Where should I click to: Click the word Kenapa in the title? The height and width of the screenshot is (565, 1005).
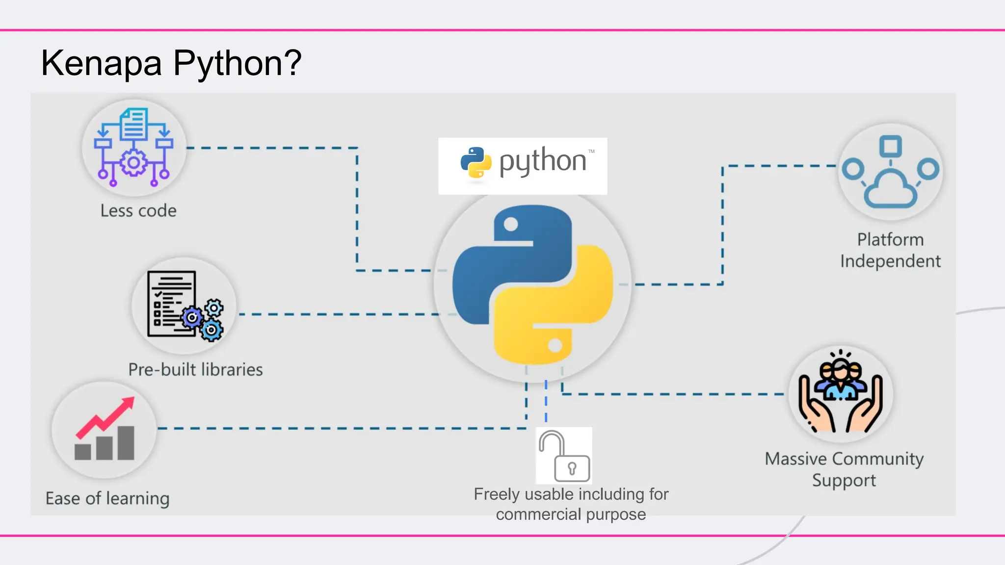pyautogui.click(x=101, y=64)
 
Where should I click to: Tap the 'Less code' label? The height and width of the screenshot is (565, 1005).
pyautogui.click(x=138, y=210)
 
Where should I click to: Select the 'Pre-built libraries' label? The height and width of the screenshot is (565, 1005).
pyautogui.click(x=195, y=369)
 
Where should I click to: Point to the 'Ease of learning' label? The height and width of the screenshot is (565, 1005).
pyautogui.click(x=107, y=498)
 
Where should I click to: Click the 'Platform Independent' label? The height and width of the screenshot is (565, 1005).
pyautogui.click(x=890, y=250)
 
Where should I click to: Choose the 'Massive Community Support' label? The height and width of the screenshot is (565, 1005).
pyautogui.click(x=844, y=469)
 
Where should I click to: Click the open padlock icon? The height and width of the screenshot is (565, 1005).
pyautogui.click(x=564, y=456)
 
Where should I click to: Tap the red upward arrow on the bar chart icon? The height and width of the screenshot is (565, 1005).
pyautogui.click(x=106, y=417)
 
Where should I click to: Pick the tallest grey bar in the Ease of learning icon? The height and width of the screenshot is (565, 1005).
pyautogui.click(x=126, y=442)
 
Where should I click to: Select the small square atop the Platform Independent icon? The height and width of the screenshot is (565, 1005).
pyautogui.click(x=891, y=146)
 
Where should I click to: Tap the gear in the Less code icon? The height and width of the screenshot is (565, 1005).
pyautogui.click(x=133, y=163)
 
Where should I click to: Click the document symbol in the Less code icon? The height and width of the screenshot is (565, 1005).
pyautogui.click(x=133, y=124)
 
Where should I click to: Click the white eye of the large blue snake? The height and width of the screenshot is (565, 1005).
pyautogui.click(x=511, y=225)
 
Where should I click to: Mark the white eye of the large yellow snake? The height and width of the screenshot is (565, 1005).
pyautogui.click(x=555, y=346)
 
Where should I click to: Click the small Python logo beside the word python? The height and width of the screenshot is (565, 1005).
pyautogui.click(x=476, y=162)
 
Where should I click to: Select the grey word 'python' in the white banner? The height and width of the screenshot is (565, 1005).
pyautogui.click(x=543, y=161)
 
